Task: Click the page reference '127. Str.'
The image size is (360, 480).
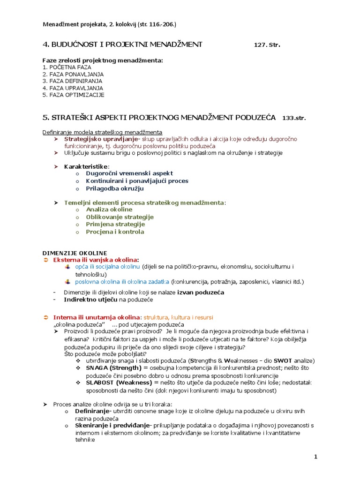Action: (x=267, y=45)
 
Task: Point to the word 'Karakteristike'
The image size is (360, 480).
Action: (x=86, y=166)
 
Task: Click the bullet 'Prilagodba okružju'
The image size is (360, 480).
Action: (x=115, y=188)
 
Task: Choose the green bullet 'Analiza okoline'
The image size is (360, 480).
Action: (x=109, y=210)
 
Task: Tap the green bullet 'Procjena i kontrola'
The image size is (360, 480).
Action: (x=115, y=232)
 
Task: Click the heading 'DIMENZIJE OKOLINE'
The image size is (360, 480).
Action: (x=75, y=253)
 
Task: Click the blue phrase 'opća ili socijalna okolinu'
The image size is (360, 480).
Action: (x=108, y=267)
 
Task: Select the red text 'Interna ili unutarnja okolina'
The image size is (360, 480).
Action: (x=96, y=317)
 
